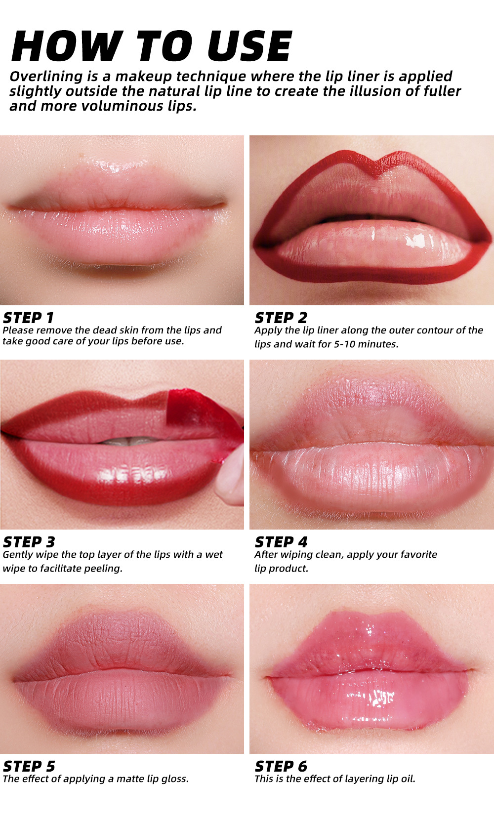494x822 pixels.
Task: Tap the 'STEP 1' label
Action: [x=28, y=318]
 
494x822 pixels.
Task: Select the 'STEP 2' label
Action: [x=281, y=318]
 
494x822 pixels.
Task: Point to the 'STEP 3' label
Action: [x=29, y=542]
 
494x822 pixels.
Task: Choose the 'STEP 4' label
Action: [x=281, y=542]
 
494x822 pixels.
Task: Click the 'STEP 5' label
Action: [x=29, y=766]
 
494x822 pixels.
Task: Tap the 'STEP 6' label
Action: [x=281, y=766]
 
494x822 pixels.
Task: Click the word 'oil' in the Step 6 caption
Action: [x=408, y=779]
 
